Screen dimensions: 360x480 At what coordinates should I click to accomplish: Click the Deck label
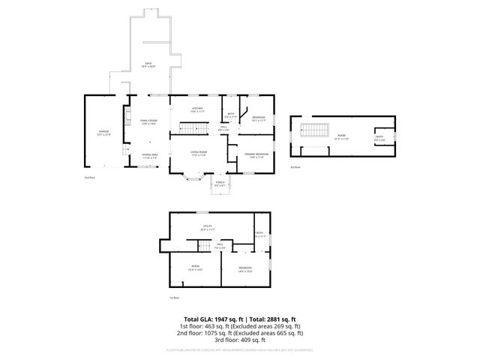150,66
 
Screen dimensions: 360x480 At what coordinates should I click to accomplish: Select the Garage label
103,133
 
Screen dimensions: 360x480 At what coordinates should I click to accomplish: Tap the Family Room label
149,121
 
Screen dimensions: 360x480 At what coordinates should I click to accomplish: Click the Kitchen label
197,109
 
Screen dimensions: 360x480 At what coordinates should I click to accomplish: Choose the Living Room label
198,153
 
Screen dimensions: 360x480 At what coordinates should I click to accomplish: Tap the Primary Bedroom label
256,155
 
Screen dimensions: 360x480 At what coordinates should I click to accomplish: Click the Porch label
220,184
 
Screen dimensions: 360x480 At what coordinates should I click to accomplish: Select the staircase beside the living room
192,129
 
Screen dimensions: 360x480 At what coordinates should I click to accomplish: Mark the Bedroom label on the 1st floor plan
245,268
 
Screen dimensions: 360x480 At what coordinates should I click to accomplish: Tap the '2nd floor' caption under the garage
90,177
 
